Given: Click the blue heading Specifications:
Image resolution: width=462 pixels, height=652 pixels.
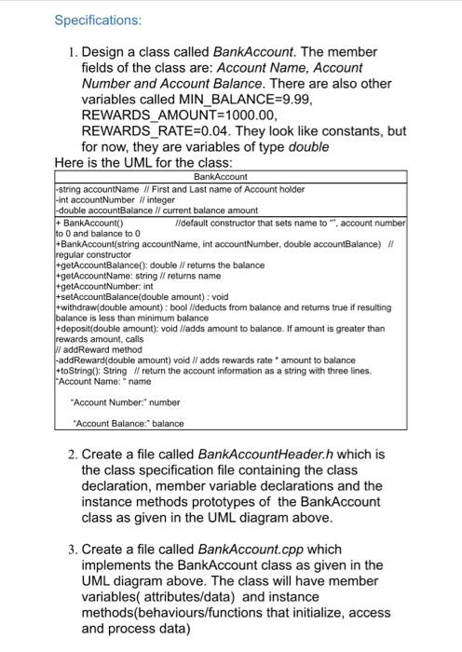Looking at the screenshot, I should (x=99, y=20).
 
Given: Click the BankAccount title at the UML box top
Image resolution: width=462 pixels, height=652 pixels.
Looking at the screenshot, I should (x=214, y=176).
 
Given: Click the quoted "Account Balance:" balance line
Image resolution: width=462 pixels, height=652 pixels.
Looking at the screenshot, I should (x=128, y=424).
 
